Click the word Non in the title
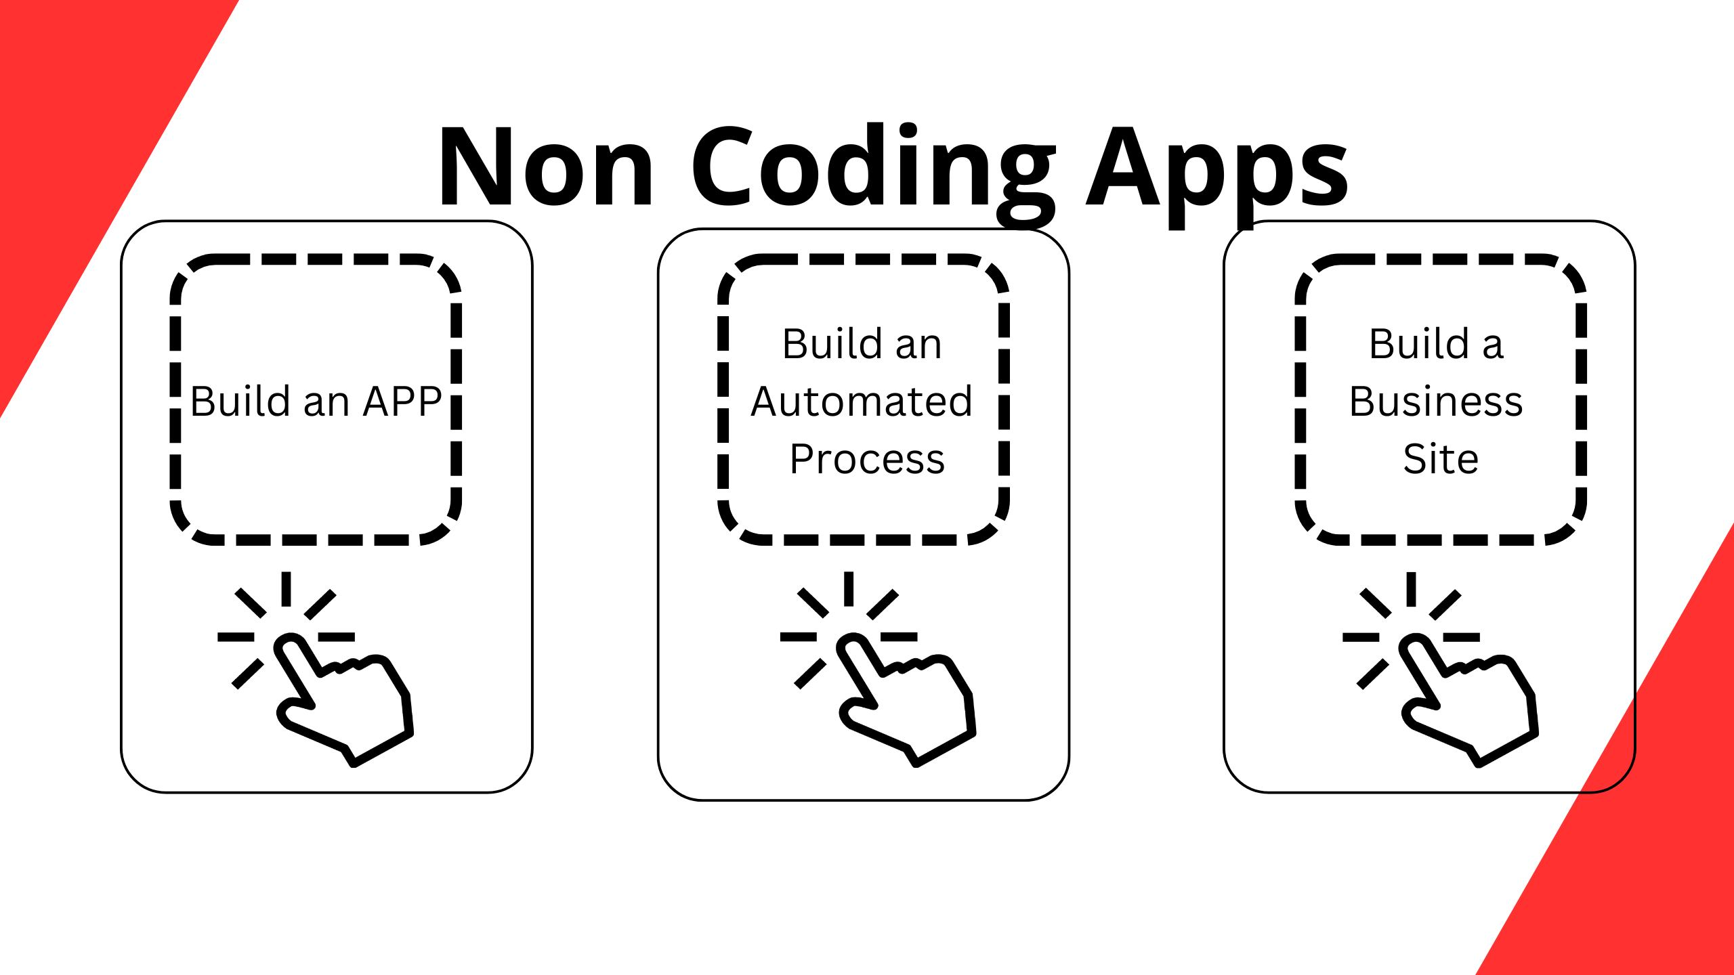click(546, 166)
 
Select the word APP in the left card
click(402, 401)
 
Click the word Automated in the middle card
click(862, 401)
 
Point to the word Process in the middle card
click(867, 459)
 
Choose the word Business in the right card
click(1436, 401)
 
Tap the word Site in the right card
click(1441, 458)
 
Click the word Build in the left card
click(240, 401)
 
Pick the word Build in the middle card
click(832, 343)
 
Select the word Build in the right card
click(1419, 343)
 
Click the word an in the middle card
click(918, 346)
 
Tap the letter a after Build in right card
click(1493, 346)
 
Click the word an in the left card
click(326, 404)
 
